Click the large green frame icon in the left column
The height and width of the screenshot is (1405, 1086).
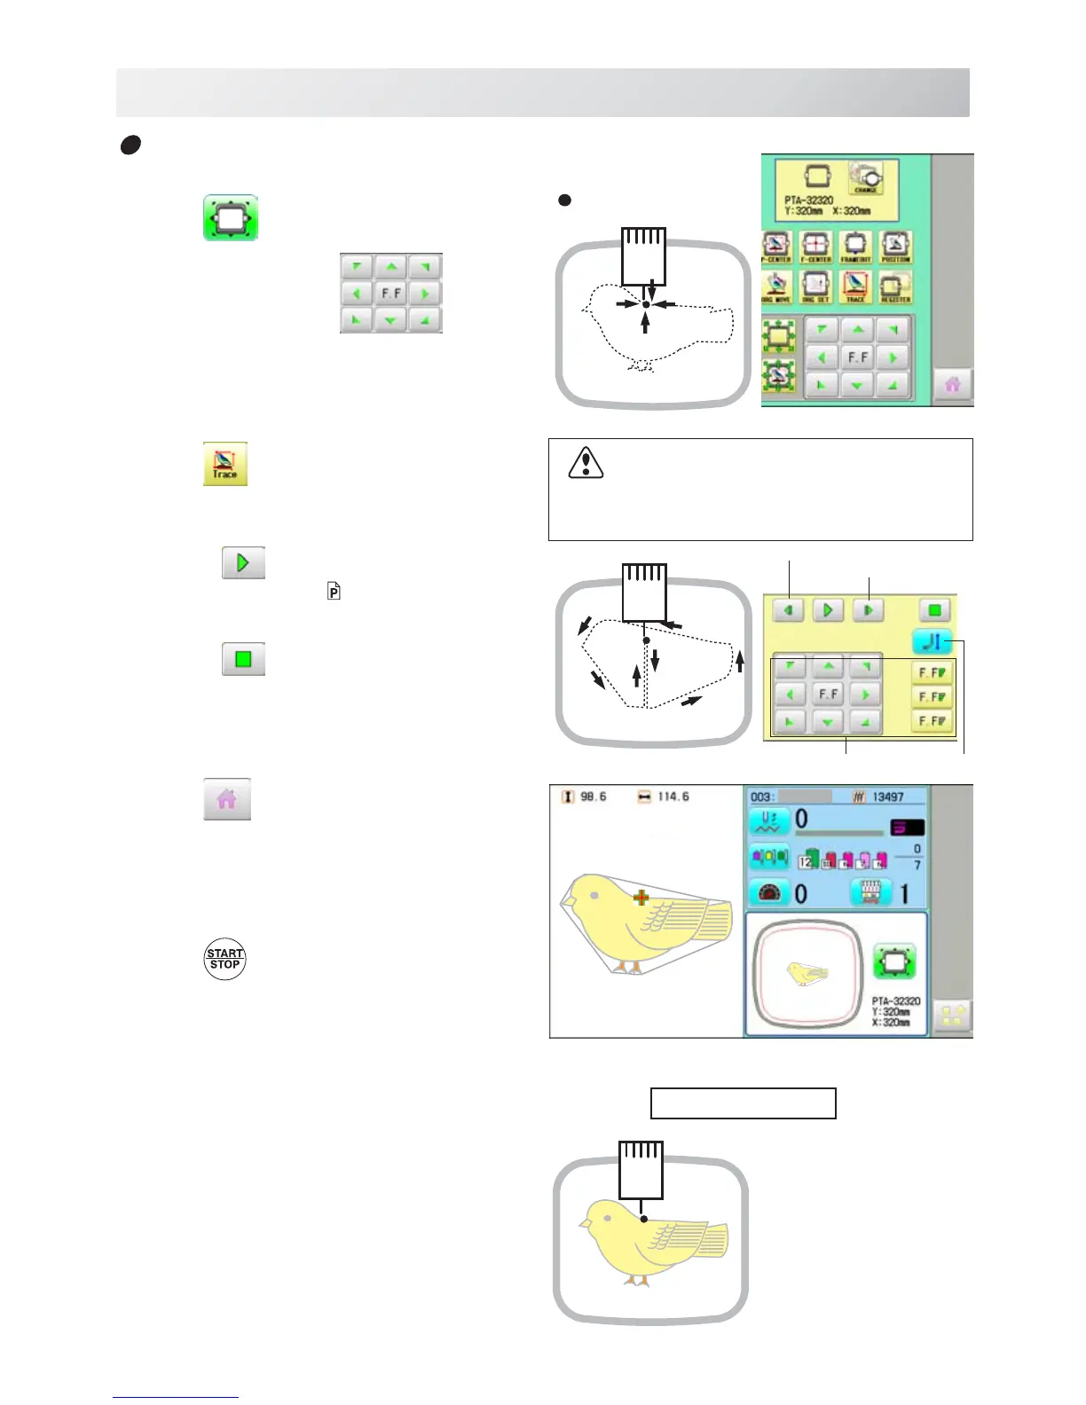click(231, 218)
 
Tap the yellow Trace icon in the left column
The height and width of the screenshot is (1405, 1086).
click(225, 464)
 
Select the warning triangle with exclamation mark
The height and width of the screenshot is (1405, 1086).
click(586, 462)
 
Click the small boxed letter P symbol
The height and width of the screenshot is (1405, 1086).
click(334, 592)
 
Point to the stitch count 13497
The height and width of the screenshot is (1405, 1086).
click(887, 797)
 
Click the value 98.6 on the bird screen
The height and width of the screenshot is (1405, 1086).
click(593, 797)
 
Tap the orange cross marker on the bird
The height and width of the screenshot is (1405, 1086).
click(641, 898)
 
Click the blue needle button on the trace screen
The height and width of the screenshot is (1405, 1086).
click(932, 640)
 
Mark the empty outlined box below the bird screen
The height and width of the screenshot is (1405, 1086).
click(744, 1103)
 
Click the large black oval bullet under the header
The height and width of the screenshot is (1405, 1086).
click(130, 145)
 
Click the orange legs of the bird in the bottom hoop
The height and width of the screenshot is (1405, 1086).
click(635, 1281)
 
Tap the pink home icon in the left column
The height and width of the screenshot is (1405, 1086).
click(227, 799)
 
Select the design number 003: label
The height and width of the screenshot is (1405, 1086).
click(763, 797)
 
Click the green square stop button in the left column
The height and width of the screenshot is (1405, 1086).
click(243, 660)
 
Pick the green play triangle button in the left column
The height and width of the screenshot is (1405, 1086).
click(243, 563)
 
